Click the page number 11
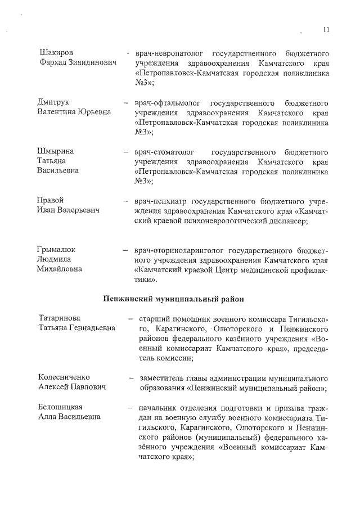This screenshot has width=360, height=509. tap(327, 30)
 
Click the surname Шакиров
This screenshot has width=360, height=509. tap(56, 52)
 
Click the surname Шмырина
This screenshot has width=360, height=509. tap(56, 151)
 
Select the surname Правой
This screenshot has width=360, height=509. tap(50, 201)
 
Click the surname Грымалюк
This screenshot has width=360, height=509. tap(56, 249)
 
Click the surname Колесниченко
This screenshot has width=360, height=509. tap(64, 377)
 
